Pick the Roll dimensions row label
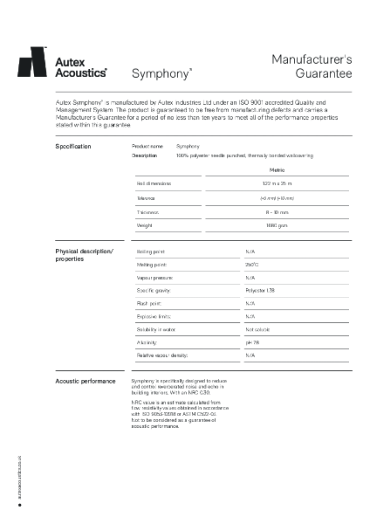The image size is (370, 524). (154, 183)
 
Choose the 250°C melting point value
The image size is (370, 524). (251, 264)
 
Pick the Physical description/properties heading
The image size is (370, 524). (83, 255)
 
